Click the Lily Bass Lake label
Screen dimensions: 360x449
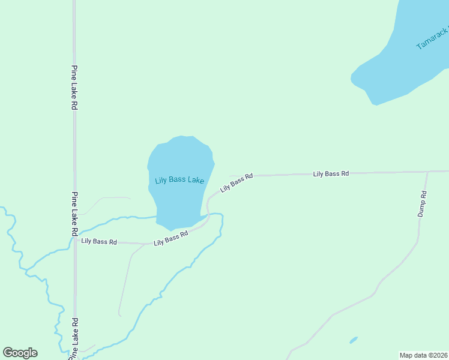(x=179, y=180)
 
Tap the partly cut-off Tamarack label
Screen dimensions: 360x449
(x=433, y=38)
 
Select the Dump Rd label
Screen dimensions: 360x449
(x=423, y=204)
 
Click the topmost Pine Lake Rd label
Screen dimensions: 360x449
(x=74, y=87)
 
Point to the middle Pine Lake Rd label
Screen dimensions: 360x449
(x=74, y=214)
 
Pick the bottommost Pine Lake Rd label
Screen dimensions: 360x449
(x=74, y=340)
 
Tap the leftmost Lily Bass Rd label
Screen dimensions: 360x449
(x=99, y=241)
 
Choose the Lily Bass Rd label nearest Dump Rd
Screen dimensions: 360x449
(x=331, y=173)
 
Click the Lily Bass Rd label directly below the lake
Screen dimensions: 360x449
(x=171, y=238)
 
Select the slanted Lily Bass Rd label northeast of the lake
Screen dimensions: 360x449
(x=237, y=182)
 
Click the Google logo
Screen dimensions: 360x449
(x=20, y=353)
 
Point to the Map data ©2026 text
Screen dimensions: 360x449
(x=423, y=355)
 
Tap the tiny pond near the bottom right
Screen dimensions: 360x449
(x=354, y=340)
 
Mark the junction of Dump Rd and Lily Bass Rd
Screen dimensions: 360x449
(x=427, y=172)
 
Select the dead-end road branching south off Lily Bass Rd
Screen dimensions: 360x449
(x=125, y=282)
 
